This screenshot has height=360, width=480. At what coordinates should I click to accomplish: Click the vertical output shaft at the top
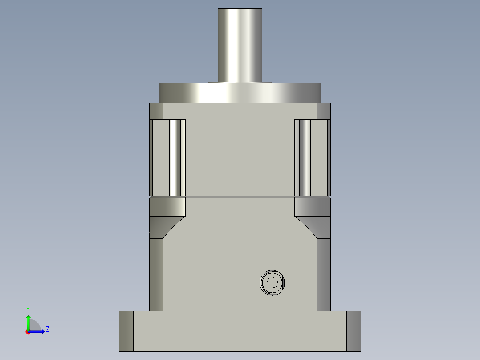coord(240,45)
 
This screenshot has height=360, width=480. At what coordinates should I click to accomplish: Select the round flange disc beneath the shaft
coord(240,93)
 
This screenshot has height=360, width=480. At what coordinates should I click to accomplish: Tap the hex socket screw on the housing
coord(272,282)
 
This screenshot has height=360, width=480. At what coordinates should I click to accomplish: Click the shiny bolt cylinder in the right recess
coord(305,158)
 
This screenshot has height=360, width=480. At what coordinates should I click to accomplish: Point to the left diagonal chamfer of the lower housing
coord(172,227)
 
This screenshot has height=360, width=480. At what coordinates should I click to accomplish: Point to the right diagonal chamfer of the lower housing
coord(308,227)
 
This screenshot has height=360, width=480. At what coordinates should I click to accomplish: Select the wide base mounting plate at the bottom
coord(240,331)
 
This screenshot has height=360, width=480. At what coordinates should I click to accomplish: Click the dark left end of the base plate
coord(126,331)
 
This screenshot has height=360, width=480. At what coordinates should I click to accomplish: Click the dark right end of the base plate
coord(354,331)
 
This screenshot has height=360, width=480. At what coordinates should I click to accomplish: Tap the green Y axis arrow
coord(28,322)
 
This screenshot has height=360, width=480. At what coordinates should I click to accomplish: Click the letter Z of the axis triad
coord(47,329)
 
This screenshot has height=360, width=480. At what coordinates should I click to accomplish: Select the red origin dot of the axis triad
coord(28,332)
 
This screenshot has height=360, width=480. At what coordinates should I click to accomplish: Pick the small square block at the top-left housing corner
coord(156,111)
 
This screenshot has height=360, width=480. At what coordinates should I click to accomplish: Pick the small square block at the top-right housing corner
coord(324,111)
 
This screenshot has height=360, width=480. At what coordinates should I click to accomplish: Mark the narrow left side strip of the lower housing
coord(156,274)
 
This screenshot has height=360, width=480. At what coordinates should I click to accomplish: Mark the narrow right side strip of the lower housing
coord(324,274)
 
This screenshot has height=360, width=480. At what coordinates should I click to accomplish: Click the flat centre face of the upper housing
coord(240,151)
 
